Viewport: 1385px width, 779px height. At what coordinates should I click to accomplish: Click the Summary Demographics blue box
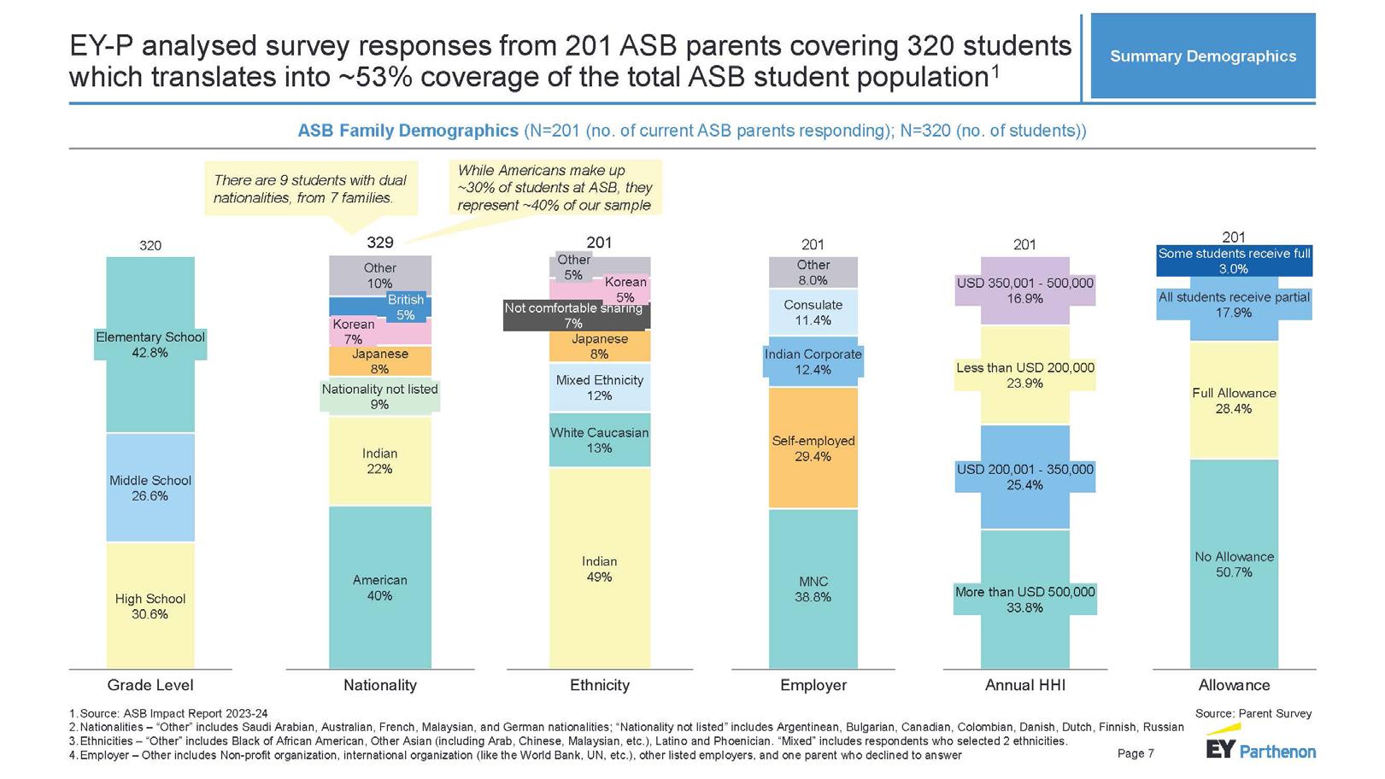1202,56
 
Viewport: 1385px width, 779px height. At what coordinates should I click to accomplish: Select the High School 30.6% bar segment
150,606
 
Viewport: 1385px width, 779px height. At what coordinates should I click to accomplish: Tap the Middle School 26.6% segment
150,488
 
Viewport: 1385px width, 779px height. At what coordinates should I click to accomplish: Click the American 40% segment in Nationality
379,588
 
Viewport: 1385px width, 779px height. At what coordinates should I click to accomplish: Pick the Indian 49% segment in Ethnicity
599,569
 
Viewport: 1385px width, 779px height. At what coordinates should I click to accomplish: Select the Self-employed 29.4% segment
813,448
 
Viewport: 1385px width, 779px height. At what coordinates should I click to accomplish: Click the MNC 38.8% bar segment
813,589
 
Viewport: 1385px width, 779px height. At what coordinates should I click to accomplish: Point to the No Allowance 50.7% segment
1234,565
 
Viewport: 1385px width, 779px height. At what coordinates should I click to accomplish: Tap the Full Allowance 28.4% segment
1234,401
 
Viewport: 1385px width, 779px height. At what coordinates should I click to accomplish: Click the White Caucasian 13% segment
599,440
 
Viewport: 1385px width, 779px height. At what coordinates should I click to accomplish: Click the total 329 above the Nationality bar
379,243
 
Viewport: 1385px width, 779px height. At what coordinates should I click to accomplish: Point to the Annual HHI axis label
1024,685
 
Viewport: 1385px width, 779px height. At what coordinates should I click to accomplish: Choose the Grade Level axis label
150,685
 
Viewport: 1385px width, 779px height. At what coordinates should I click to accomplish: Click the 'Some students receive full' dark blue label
1234,261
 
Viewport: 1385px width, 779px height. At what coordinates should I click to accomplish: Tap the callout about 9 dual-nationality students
310,189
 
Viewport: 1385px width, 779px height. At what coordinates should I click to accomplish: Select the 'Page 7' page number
1136,753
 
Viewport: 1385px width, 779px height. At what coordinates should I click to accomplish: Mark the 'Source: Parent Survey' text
1253,713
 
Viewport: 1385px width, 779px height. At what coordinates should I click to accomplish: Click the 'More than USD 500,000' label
1024,600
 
